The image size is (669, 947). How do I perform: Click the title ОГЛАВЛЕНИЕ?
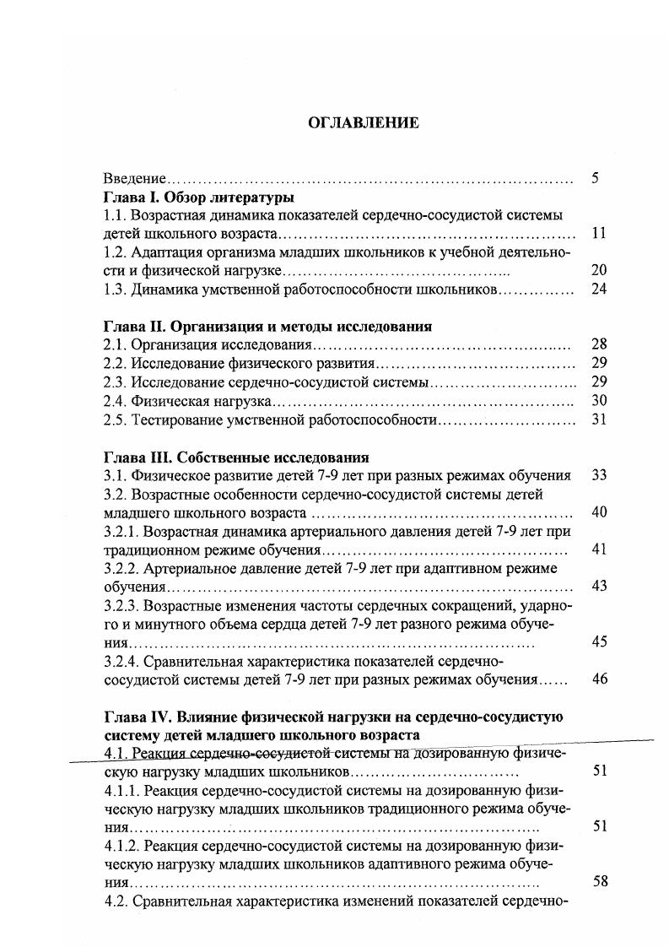coord(363,122)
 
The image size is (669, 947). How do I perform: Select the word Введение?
coord(131,179)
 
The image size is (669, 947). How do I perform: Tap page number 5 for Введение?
coord(596,178)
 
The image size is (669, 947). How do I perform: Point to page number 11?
coord(599,234)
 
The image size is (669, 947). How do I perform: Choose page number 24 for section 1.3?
coord(599,290)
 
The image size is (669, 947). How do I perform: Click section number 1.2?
coord(115,252)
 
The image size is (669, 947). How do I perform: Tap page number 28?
coord(599,344)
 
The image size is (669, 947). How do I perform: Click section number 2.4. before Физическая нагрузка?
coord(115,401)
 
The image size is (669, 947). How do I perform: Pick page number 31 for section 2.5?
coord(599,419)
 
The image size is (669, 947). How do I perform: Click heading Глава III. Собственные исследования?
coord(236,457)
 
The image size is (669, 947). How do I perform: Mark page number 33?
coord(599,475)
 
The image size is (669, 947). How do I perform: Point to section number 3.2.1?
coord(121,531)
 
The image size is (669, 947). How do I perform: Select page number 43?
coord(599,586)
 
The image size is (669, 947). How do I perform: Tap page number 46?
coord(599,679)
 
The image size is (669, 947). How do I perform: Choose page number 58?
coord(601,882)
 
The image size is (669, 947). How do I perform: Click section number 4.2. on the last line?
coord(115,901)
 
